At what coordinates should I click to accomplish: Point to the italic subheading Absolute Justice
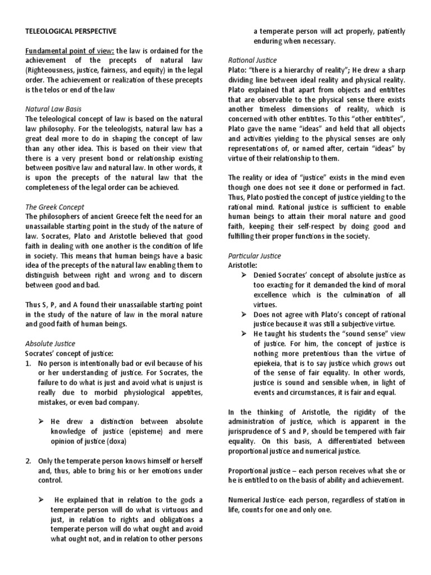(51, 343)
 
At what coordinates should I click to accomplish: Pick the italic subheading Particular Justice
(254, 256)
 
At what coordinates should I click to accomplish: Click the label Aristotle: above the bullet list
(243, 264)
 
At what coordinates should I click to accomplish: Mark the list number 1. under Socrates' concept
(29, 363)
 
